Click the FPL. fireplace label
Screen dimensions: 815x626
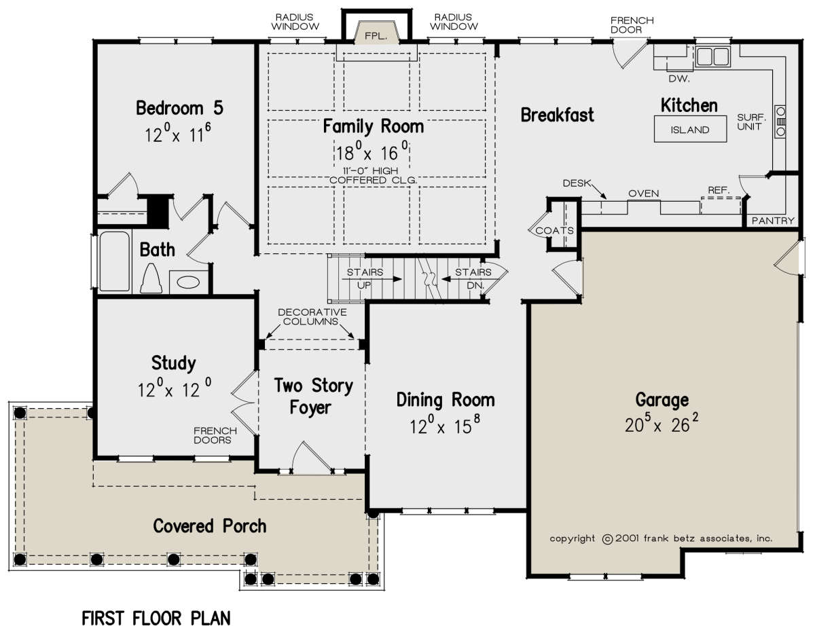tap(376, 36)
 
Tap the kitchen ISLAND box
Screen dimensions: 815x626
tap(690, 129)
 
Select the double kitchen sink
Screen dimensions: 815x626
tap(712, 57)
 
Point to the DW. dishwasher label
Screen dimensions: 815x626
tap(679, 79)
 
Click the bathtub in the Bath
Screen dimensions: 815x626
tap(114, 261)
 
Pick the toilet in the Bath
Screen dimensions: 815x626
tap(151, 278)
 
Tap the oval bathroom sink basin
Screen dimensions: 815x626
tap(188, 282)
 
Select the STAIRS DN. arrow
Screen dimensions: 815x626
tap(466, 279)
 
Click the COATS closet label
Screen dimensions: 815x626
tap(554, 230)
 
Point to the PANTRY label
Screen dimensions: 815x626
tap(773, 221)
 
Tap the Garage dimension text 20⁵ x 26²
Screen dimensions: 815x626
tap(662, 424)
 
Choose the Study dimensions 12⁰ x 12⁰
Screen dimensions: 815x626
tap(175, 388)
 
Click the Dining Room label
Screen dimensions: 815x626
tap(446, 401)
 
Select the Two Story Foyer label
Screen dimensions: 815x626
tap(313, 397)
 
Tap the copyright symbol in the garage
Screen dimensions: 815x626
tap(607, 539)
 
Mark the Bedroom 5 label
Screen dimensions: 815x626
tap(180, 108)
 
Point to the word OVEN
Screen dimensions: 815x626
tap(644, 194)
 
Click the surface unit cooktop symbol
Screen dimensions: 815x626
tap(780, 122)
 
